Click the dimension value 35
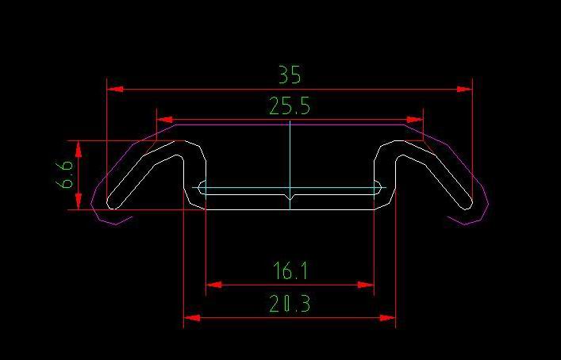[290, 75]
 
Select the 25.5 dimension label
[290, 106]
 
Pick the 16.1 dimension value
[290, 272]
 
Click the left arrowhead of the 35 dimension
[116, 90]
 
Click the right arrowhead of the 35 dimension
[463, 90]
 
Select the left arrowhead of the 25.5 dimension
[165, 119]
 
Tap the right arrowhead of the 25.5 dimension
[414, 119]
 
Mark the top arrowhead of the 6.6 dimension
[78, 149]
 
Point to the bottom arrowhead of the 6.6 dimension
[78, 201]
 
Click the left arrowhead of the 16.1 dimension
[214, 284]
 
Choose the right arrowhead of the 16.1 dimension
[366, 284]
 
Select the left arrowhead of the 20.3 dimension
[192, 318]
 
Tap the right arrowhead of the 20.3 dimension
[387, 318]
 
